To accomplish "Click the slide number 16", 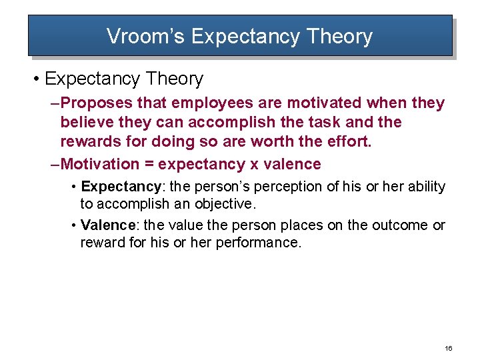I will point(448,349).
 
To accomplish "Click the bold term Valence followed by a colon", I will point(107,225).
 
